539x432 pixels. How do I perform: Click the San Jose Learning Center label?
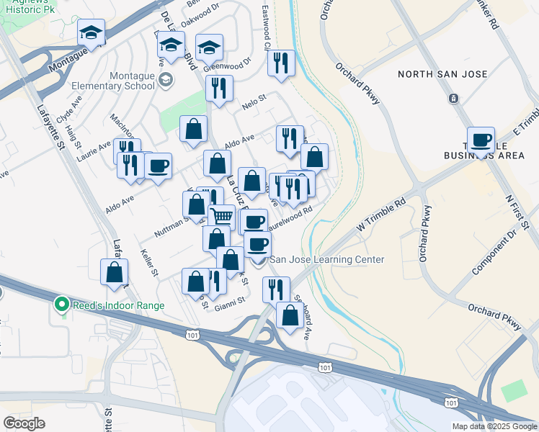click(326, 260)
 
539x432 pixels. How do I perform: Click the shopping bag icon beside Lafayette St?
click(114, 272)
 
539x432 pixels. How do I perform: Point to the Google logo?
click(24, 423)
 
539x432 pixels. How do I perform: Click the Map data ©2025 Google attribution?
click(494, 426)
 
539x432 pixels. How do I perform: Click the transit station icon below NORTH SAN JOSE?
click(453, 99)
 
